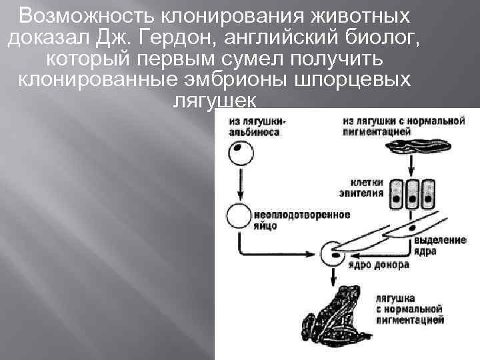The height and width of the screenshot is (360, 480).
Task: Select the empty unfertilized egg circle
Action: pos(237,217)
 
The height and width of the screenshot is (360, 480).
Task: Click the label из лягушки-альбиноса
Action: pos(253,127)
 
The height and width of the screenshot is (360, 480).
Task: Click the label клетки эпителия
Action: pos(364,188)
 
